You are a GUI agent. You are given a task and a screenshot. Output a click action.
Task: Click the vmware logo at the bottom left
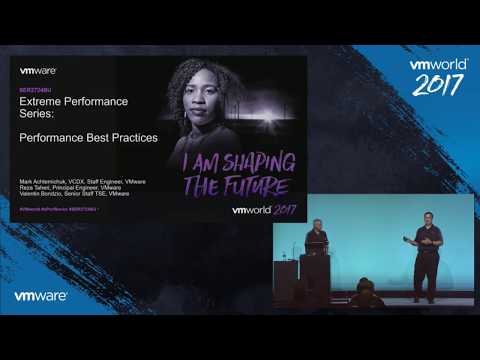tap(41, 296)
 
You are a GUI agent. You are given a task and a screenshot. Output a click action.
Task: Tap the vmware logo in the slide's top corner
tap(39, 71)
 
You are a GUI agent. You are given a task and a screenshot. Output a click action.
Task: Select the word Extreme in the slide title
tap(40, 104)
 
